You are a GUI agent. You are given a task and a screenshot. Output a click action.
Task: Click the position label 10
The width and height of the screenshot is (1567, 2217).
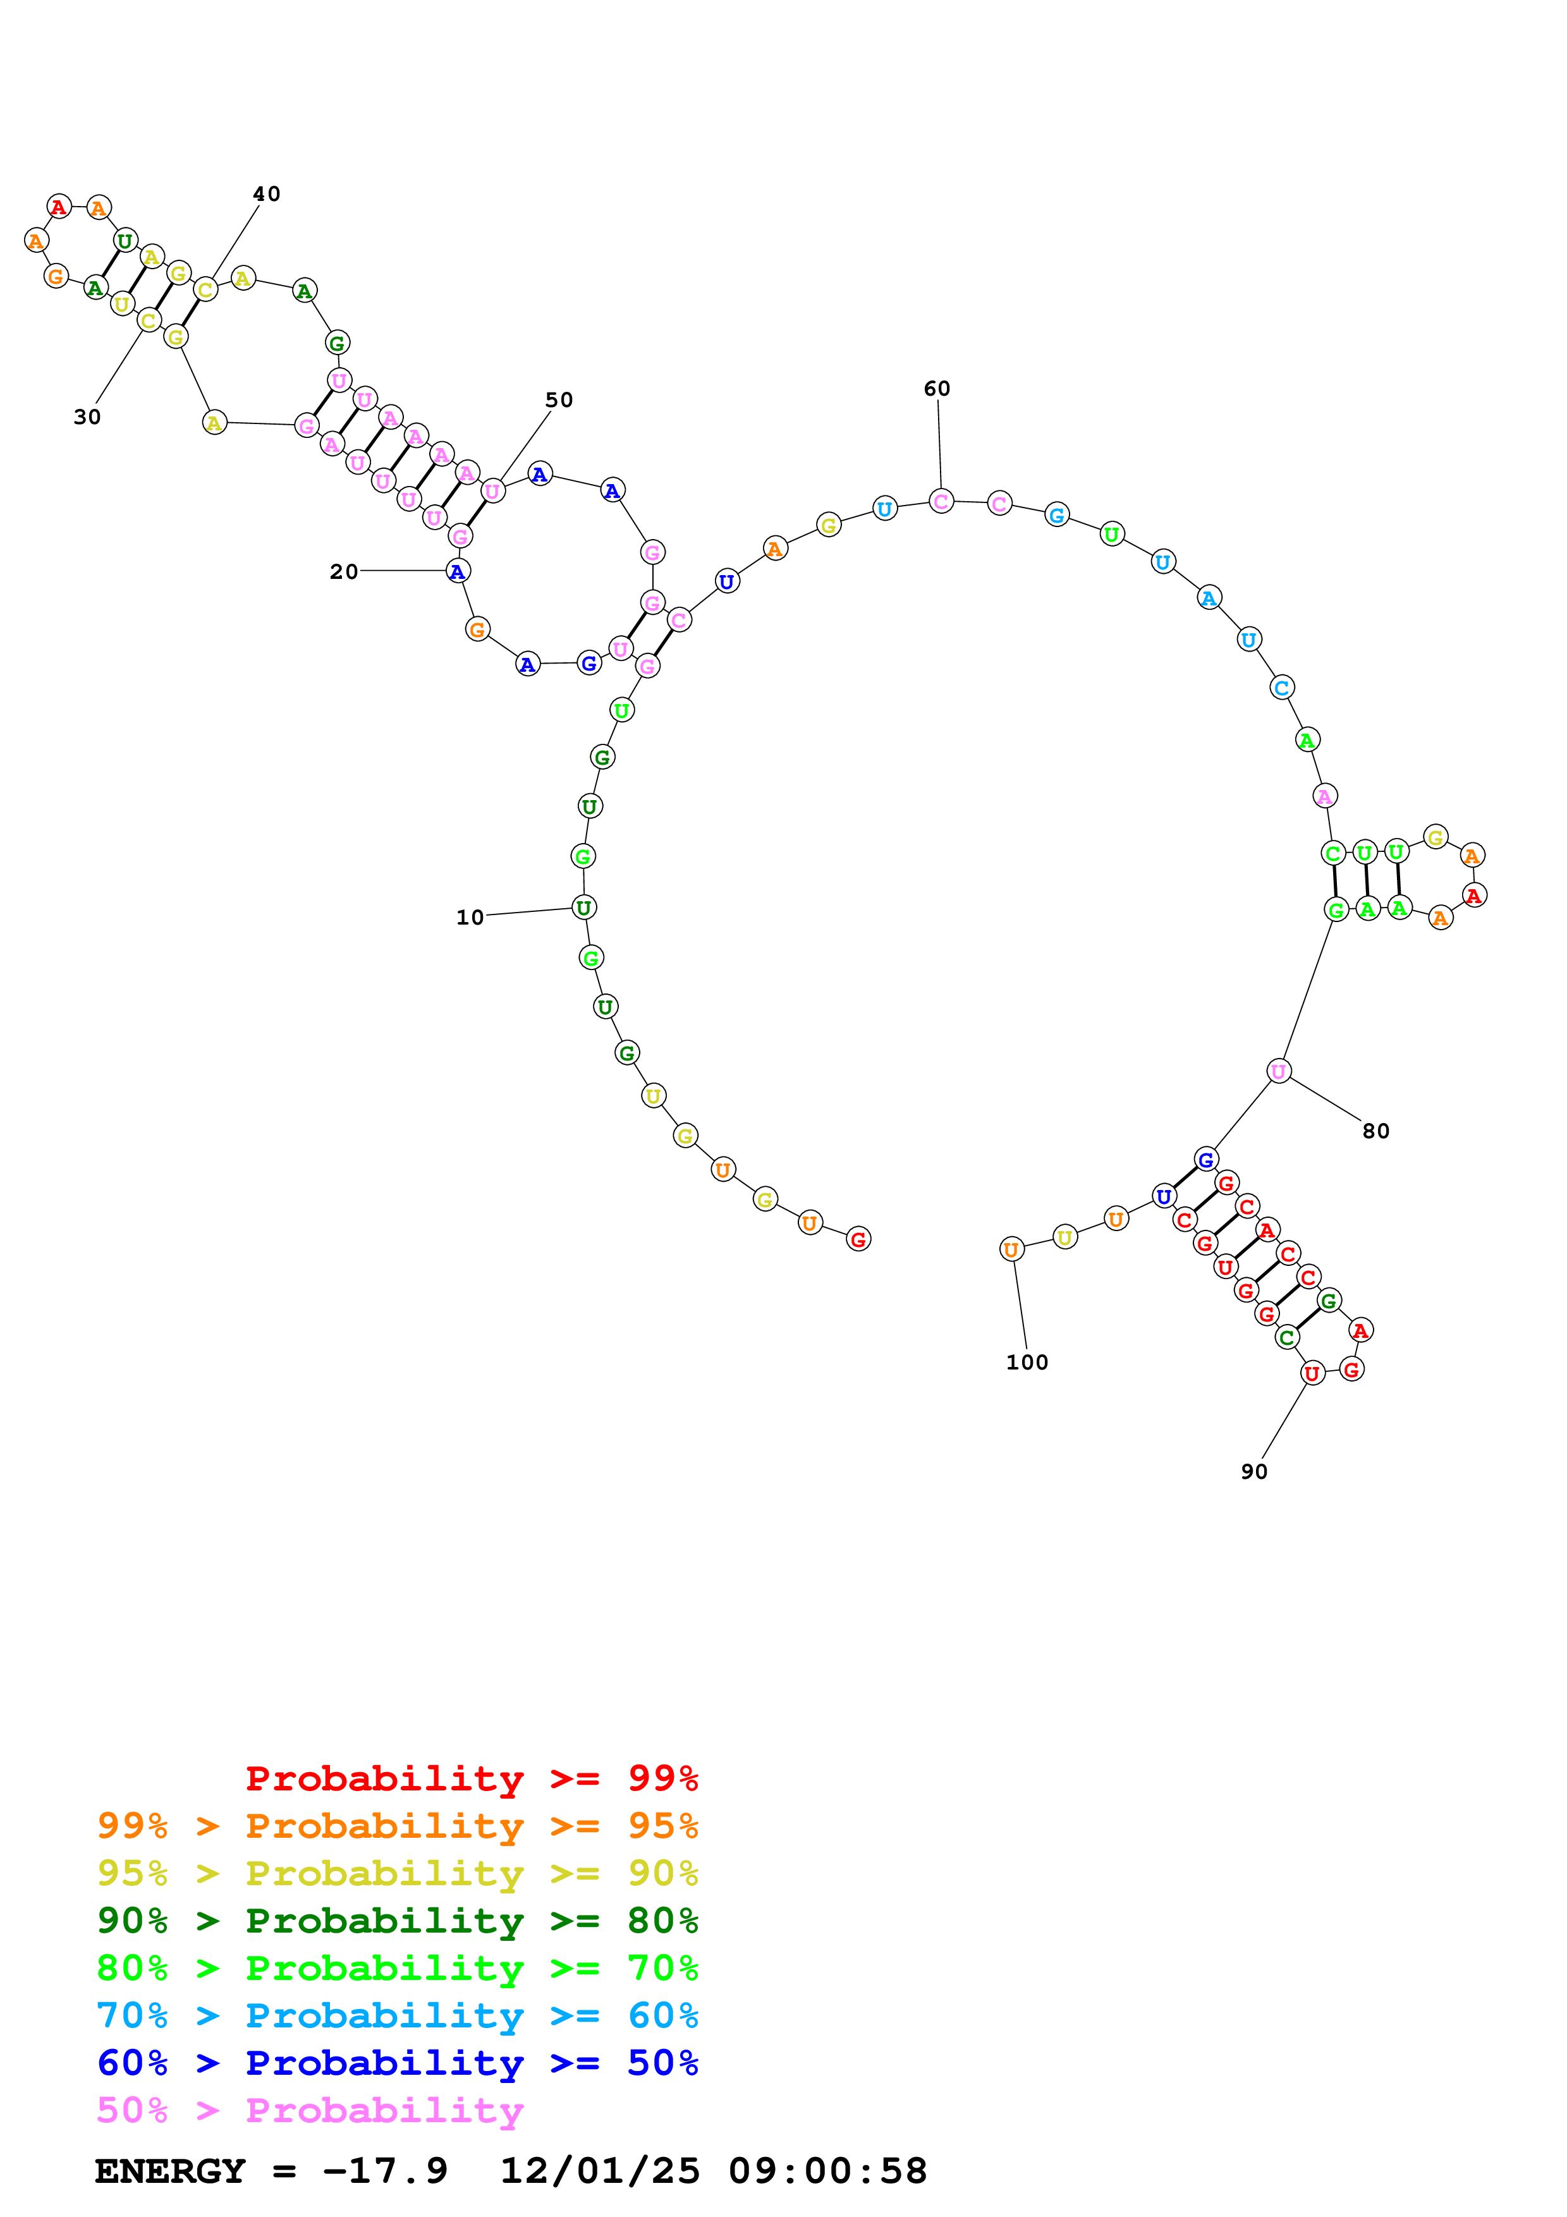[x=470, y=917]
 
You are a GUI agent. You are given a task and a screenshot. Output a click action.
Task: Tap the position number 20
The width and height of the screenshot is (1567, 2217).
[x=344, y=572]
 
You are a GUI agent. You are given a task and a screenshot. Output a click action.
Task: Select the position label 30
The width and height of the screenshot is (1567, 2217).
[x=87, y=417]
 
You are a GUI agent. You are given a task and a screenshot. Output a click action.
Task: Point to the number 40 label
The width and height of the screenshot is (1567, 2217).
[x=267, y=194]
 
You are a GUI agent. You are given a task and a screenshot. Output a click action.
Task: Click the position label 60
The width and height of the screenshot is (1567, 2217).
[x=937, y=388]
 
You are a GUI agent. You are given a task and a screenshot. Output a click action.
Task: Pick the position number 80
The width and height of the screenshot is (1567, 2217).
[x=1376, y=1131]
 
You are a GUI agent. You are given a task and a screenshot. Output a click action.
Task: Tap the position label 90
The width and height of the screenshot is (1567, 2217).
[x=1254, y=1471]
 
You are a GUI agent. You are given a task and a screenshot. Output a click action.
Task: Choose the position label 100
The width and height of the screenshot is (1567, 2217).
[x=1027, y=1363]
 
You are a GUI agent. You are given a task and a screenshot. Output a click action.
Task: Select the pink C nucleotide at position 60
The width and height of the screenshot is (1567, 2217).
[x=941, y=501]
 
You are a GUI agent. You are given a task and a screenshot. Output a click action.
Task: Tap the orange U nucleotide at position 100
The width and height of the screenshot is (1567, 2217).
[x=1011, y=1249]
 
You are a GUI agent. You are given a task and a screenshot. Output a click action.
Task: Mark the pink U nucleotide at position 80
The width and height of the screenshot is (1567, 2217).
[x=1278, y=1071]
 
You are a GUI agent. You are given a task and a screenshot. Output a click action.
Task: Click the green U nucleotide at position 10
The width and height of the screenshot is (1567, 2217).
[x=583, y=908]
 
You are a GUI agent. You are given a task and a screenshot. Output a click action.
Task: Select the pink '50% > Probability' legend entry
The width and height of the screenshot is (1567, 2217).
[x=310, y=2111]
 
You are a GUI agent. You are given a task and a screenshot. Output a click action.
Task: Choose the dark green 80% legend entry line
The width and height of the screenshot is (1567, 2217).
[x=397, y=1921]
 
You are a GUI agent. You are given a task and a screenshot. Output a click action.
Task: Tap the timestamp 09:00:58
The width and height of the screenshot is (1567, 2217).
[x=827, y=2171]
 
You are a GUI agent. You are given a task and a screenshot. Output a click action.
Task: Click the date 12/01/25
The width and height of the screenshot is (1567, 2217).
[x=600, y=2171]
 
